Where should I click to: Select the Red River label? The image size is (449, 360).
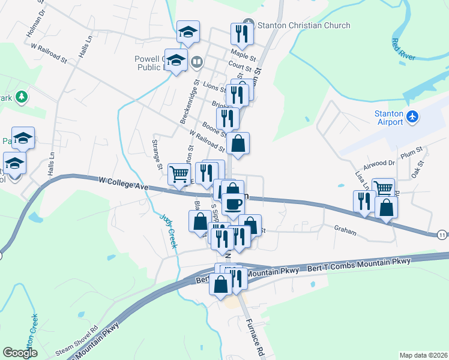[403, 50]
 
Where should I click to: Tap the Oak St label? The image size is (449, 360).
[418, 169]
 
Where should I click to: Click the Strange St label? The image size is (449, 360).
[157, 154]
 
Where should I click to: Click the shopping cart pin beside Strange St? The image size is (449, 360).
[179, 174]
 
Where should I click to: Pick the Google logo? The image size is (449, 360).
[20, 352]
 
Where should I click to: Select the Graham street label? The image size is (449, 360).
[345, 230]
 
